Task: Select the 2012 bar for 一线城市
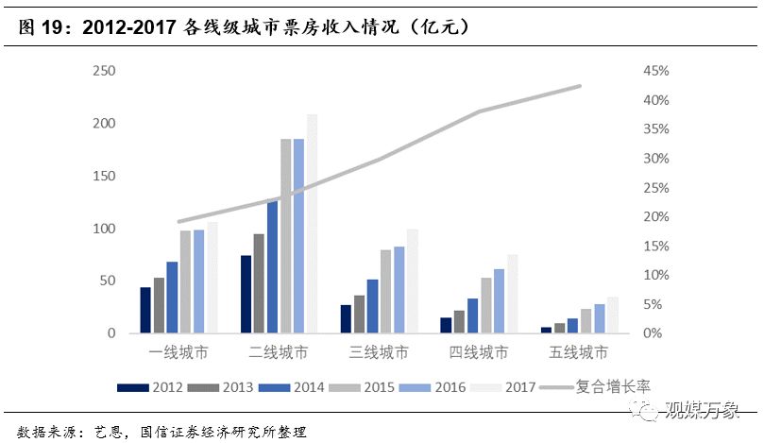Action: [x=145, y=310]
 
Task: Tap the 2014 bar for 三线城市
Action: [x=372, y=306]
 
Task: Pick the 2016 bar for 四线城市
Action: [x=499, y=301]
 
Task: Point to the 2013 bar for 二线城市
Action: [x=259, y=283]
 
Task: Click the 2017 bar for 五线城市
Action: [x=612, y=315]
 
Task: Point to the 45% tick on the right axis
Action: [x=655, y=72]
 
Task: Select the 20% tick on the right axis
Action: [x=655, y=217]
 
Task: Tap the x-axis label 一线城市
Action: [x=179, y=353]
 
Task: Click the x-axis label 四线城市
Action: [x=479, y=353]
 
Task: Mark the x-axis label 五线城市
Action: [x=579, y=353]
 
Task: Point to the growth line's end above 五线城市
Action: [x=580, y=86]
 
